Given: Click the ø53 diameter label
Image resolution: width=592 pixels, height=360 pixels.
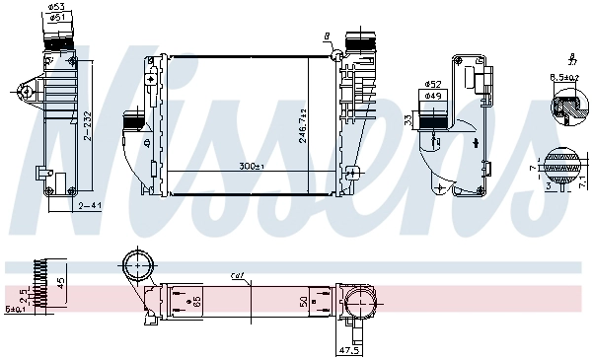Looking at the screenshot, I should [x=58, y=6].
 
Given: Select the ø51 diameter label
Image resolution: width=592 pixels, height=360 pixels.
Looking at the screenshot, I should [x=58, y=17].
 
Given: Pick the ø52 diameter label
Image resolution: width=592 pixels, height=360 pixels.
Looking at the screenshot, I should [x=432, y=84].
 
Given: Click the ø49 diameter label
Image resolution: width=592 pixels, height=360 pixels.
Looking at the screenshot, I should [x=432, y=96].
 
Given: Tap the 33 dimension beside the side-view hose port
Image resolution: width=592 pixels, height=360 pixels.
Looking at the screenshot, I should [x=407, y=120].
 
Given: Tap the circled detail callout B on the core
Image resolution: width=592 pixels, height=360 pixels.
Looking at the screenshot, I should [x=326, y=36].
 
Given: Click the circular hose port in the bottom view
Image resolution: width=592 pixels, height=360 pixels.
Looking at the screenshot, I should [x=137, y=267].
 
